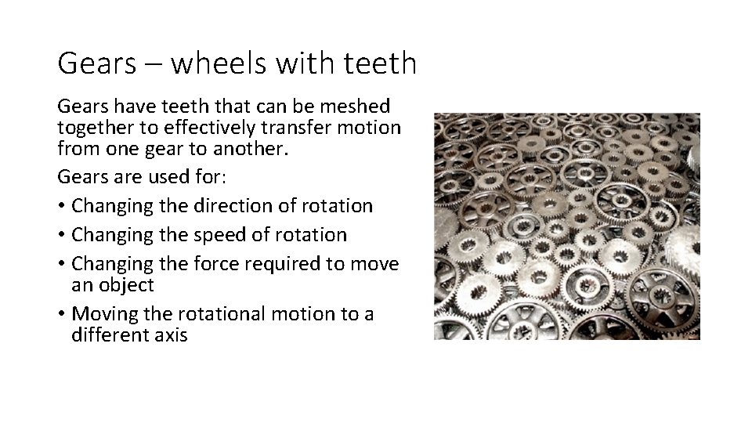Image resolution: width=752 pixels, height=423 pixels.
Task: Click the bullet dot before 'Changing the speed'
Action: tap(61, 235)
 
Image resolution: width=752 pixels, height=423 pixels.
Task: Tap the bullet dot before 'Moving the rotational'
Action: tap(61, 315)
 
